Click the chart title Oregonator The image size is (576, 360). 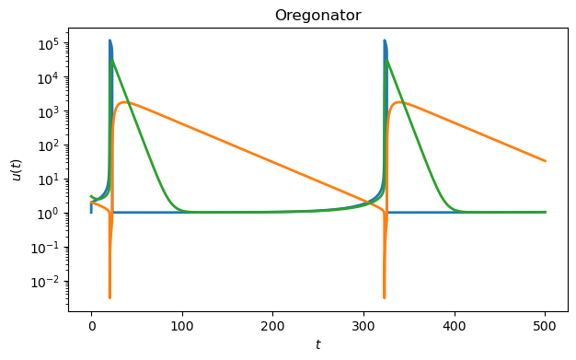pos(318,16)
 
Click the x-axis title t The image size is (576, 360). pos(318,345)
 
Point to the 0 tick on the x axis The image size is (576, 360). pos(91,325)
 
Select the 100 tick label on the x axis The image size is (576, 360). pos(182,325)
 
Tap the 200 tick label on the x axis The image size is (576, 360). pos(272,325)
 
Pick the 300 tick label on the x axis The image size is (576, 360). pos(363,325)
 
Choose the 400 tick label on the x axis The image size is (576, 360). pos(455,325)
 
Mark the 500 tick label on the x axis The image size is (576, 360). pos(545,325)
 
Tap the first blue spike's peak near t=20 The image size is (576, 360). pos(110,41)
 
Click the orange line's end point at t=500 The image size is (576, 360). pos(546,161)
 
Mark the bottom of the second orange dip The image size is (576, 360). pos(384,297)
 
